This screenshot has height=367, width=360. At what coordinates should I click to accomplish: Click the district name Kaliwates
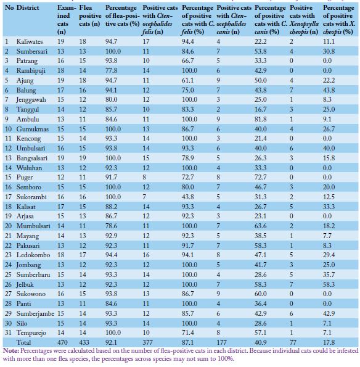tap(30, 42)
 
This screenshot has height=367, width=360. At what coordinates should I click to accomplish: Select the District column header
tap(28, 8)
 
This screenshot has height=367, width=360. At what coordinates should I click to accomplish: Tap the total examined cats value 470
tap(62, 342)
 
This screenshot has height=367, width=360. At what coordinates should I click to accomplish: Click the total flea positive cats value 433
tap(84, 342)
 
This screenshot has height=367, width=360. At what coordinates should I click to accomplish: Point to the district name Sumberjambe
tap(35, 313)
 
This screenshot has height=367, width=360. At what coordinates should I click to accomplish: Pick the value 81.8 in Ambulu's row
tap(261, 120)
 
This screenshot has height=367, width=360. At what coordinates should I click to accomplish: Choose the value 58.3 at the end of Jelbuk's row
tap(329, 284)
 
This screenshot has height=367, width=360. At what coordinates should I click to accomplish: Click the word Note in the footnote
tap(10, 350)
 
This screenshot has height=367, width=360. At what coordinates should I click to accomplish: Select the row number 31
tap(8, 332)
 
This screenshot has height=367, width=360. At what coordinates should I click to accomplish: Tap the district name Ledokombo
tap(33, 255)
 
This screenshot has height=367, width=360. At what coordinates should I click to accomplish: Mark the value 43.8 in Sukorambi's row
tap(188, 197)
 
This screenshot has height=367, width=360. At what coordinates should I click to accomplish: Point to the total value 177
tap(221, 342)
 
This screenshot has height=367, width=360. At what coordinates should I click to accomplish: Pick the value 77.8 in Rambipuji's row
tap(112, 71)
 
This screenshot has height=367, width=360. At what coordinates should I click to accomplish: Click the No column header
tap(9, 8)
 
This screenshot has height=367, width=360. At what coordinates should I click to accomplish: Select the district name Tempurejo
tap(31, 332)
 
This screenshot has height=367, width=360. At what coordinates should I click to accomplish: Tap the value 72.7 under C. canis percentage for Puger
tap(261, 177)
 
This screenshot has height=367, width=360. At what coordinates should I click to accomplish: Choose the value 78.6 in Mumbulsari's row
tap(112, 226)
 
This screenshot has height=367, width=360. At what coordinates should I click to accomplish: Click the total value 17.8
tap(329, 342)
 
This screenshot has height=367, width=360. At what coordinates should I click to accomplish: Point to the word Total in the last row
tap(23, 342)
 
